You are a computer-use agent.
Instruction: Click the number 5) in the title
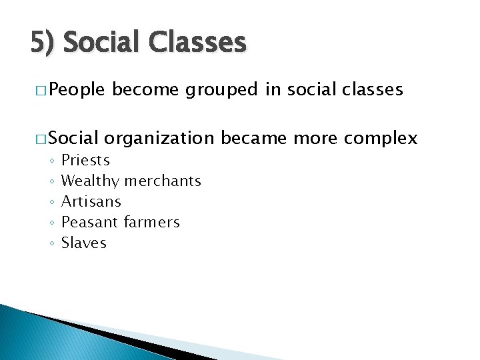(x=43, y=43)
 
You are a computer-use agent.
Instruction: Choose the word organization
(x=159, y=138)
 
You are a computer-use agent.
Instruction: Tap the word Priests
(x=85, y=161)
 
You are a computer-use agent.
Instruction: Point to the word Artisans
(x=91, y=201)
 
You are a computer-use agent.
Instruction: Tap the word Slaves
(x=84, y=243)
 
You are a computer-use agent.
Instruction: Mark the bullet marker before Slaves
(x=51, y=243)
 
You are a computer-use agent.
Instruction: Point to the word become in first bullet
(x=147, y=90)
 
